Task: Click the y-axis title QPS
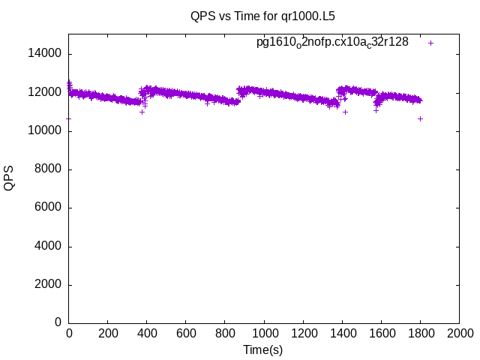(x=9, y=178)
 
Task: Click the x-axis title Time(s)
(x=263, y=349)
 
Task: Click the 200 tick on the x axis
(x=108, y=333)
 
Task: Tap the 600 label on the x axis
(x=186, y=333)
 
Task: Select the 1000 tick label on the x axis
(x=264, y=333)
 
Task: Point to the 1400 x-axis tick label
(x=342, y=333)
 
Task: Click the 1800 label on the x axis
(x=420, y=333)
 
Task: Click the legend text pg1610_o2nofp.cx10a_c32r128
(x=332, y=43)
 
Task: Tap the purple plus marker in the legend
(x=430, y=43)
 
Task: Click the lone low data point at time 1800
(x=421, y=118)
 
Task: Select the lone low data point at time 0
(x=69, y=118)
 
